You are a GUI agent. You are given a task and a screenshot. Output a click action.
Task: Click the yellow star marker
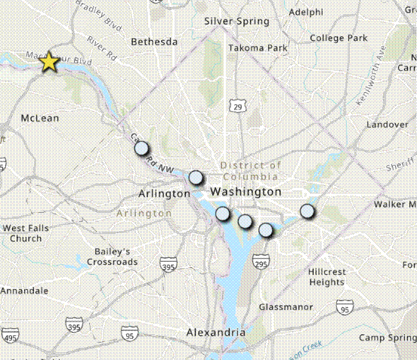(49, 62)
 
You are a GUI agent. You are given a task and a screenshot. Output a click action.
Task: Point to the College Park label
(338, 38)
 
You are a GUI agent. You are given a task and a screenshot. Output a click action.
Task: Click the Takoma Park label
(258, 48)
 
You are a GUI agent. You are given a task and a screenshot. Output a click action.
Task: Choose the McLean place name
(40, 118)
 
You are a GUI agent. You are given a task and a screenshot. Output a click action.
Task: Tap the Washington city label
(246, 192)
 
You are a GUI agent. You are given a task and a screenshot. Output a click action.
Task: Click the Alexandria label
(215, 332)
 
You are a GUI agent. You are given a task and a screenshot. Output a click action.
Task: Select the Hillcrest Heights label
(326, 276)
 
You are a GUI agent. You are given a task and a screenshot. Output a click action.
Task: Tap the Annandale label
(23, 291)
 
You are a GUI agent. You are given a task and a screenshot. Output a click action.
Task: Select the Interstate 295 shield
(261, 263)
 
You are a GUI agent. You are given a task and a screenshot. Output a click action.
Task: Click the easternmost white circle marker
(307, 211)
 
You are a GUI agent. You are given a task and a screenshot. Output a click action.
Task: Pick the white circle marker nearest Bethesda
(142, 149)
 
